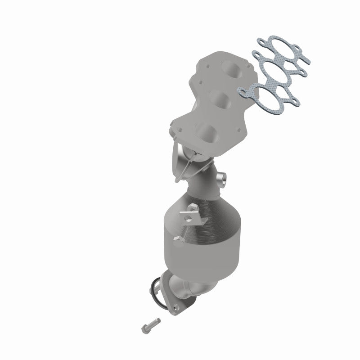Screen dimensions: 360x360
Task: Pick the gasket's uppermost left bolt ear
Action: tap(260, 44)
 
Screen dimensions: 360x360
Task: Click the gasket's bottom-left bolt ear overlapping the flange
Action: tap(243, 92)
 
